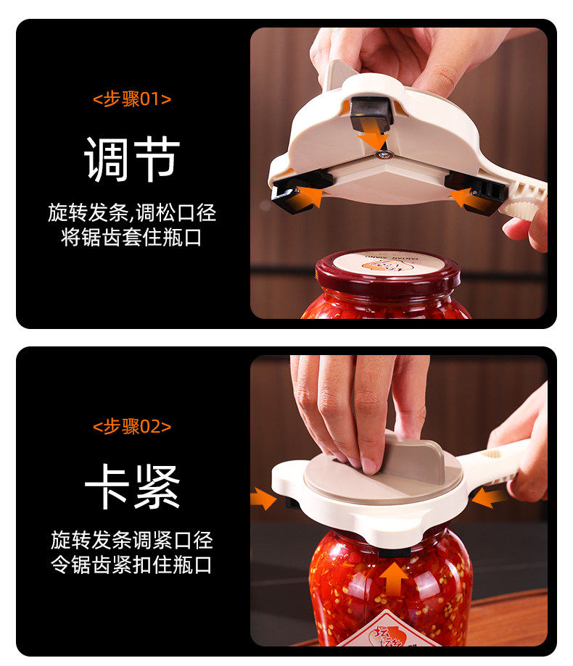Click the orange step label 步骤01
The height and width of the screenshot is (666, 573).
(x=132, y=99)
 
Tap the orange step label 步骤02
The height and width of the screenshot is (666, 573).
(x=132, y=426)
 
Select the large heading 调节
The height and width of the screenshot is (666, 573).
(x=132, y=159)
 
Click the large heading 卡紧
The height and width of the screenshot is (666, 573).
(x=132, y=487)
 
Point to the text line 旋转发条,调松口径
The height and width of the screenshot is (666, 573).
(x=132, y=212)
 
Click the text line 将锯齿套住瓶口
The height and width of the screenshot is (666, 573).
(x=132, y=237)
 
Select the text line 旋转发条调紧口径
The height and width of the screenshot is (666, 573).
(x=132, y=540)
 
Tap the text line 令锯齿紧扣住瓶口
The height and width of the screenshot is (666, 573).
(x=132, y=565)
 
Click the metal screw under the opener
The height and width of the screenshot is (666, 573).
(x=384, y=154)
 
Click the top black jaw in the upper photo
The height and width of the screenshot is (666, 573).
(x=371, y=113)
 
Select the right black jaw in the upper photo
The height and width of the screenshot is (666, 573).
(x=476, y=191)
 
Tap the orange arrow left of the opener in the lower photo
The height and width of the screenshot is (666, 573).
(x=263, y=498)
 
